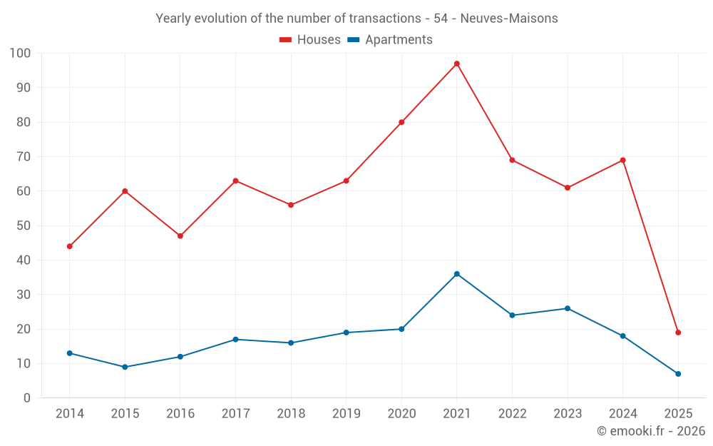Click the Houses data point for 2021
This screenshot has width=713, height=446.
pyautogui.click(x=457, y=64)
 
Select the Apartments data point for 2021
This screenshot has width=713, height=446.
pyautogui.click(x=457, y=274)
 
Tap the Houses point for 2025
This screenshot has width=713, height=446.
pyautogui.click(x=678, y=333)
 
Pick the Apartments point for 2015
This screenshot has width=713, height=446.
pyautogui.click(x=125, y=367)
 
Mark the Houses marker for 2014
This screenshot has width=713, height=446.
pyautogui.click(x=69, y=246)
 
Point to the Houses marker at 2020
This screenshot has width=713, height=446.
pyautogui.click(x=401, y=122)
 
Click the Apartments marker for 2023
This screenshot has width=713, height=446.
pyautogui.click(x=568, y=308)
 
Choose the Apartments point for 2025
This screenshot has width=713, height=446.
pyautogui.click(x=678, y=374)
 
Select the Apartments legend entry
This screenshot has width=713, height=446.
pyautogui.click(x=398, y=40)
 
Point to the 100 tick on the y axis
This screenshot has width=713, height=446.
pyautogui.click(x=20, y=53)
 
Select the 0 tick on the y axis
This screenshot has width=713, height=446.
pyautogui.click(x=27, y=398)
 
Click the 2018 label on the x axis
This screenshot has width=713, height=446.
pyautogui.click(x=291, y=414)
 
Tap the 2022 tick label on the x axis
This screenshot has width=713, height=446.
pyautogui.click(x=512, y=414)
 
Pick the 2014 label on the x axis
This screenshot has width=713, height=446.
pyautogui.click(x=69, y=414)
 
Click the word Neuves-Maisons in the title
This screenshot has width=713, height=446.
pyautogui.click(x=509, y=19)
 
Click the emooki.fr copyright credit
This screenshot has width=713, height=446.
pyautogui.click(x=650, y=431)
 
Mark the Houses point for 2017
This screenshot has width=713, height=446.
pyautogui.click(x=235, y=181)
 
